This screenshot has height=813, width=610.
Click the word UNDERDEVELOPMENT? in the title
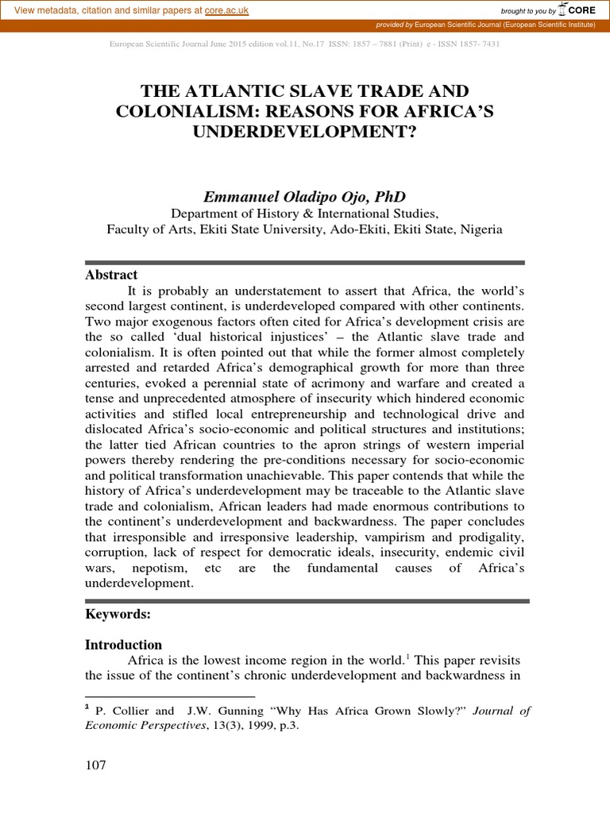[304, 131]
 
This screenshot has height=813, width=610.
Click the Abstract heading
[111, 275]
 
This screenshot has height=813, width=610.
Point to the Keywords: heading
[118, 614]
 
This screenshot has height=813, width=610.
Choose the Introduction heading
[123, 645]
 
